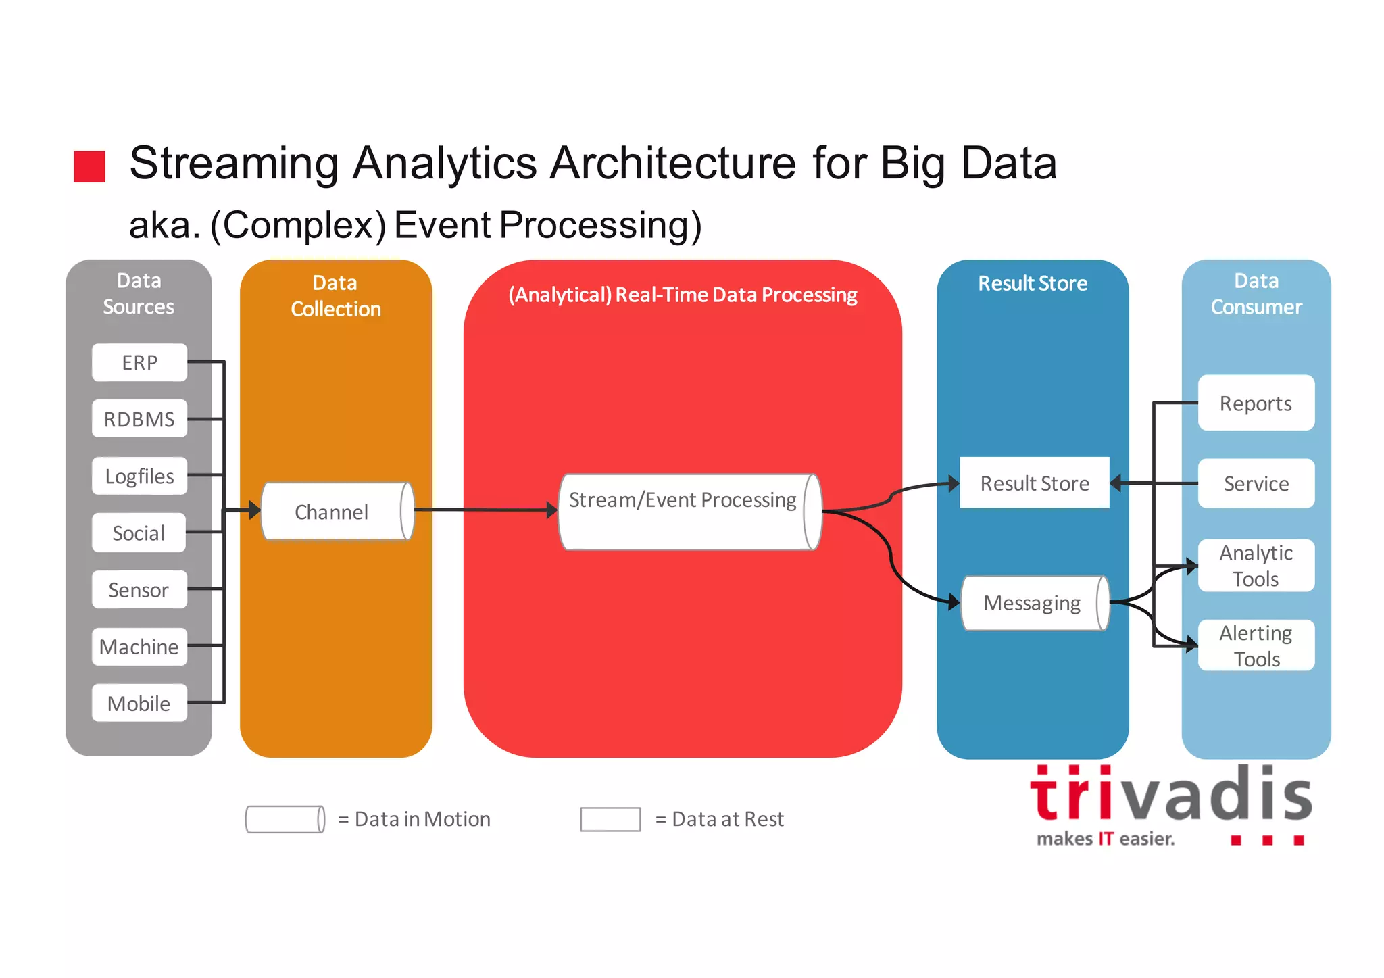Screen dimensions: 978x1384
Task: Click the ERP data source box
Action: [x=139, y=362]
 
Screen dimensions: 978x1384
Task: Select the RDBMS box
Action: [x=139, y=419]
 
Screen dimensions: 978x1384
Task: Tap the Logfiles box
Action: [x=139, y=476]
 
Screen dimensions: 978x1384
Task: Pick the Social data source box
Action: [x=139, y=533]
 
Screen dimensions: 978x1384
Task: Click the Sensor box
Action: [x=139, y=589]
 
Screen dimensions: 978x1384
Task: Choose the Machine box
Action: [x=139, y=647]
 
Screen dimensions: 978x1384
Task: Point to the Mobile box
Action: [x=139, y=704]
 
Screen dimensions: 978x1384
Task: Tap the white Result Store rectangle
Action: [x=1034, y=483]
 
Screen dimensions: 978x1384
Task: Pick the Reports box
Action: [x=1256, y=404]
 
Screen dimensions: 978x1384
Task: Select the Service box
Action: [x=1256, y=483]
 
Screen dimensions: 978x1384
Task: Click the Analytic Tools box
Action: [x=1256, y=566]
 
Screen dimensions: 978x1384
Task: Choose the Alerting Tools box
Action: [x=1256, y=645]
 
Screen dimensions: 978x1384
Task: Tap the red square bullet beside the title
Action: [x=89, y=167]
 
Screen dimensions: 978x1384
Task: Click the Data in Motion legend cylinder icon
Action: [x=285, y=819]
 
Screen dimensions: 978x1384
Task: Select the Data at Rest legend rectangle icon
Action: [x=610, y=819]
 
